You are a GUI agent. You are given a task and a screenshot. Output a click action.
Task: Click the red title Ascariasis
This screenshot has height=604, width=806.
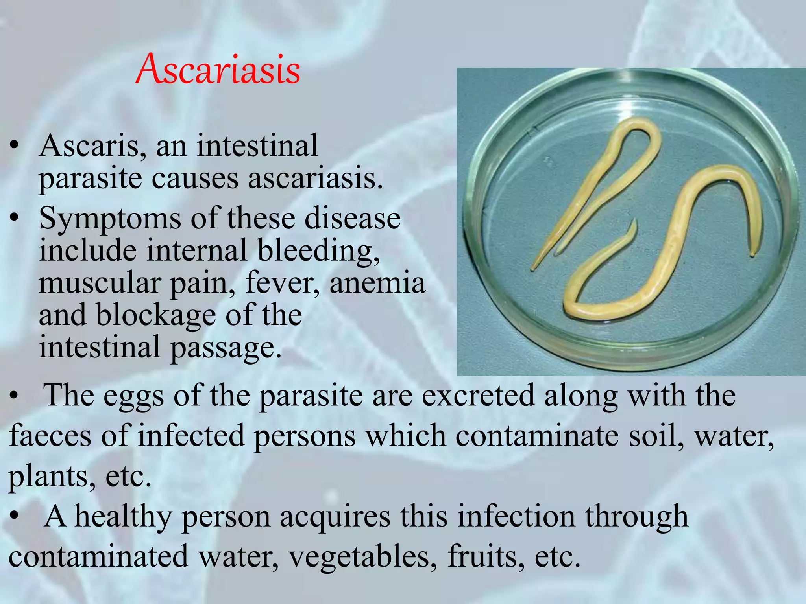coord(218,69)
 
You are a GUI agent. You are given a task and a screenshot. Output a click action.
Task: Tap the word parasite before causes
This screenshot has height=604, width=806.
coord(90,179)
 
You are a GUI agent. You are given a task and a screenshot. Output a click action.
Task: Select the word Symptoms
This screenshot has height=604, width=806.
coord(110,219)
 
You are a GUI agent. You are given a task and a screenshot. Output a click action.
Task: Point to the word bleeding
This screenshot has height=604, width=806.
coord(318,251)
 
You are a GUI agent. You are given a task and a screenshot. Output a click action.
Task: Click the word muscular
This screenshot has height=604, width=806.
coord(100,283)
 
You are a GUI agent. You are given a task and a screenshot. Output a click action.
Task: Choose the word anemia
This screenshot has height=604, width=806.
coord(377,283)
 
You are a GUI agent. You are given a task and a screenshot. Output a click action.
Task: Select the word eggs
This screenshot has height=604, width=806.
coord(134,396)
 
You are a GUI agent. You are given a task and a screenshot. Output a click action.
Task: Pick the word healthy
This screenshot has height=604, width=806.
coord(123,517)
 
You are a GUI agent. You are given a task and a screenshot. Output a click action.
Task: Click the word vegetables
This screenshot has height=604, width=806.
coord(362,557)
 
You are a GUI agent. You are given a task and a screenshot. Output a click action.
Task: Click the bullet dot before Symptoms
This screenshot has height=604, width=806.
coord(15,219)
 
